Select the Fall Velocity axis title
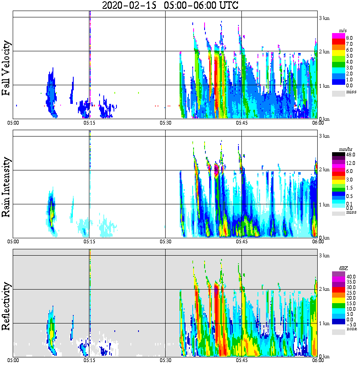tap(6, 68)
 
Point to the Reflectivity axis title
tap(6, 304)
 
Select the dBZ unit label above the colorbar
tap(338, 268)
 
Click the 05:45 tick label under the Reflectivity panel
tap(241, 361)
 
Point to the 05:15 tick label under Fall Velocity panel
tap(89, 123)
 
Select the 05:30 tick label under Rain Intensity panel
tap(165, 242)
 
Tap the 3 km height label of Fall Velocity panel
tap(324, 18)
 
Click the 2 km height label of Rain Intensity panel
tap(324, 170)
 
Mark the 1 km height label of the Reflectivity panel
tap(324, 323)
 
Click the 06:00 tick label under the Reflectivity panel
tap(318, 361)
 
